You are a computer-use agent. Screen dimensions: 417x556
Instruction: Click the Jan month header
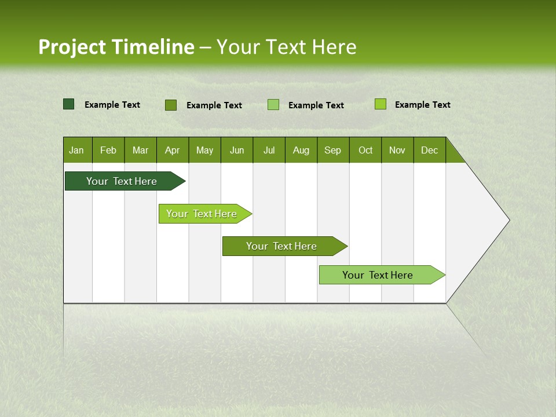pyautogui.click(x=76, y=150)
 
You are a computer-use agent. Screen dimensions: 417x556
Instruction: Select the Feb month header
pyautogui.click(x=108, y=150)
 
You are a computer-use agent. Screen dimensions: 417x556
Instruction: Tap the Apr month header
pyautogui.click(x=172, y=150)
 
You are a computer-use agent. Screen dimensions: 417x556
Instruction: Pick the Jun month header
pyautogui.click(x=237, y=150)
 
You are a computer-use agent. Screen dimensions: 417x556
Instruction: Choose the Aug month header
pyautogui.click(x=301, y=150)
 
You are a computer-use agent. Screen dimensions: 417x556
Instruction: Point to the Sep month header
pyautogui.click(x=332, y=150)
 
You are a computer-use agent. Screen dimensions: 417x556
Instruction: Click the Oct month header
pyautogui.click(x=365, y=150)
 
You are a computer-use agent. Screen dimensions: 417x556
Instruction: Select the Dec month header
pyautogui.click(x=429, y=150)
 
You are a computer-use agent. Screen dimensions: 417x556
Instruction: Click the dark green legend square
pyautogui.click(x=69, y=104)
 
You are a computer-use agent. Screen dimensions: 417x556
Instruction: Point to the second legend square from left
pyautogui.click(x=171, y=105)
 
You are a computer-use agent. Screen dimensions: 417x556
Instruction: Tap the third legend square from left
pyautogui.click(x=273, y=105)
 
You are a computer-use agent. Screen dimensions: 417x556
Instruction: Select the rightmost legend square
pyautogui.click(x=380, y=104)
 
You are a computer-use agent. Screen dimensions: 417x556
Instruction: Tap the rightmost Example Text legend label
pyautogui.click(x=422, y=105)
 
